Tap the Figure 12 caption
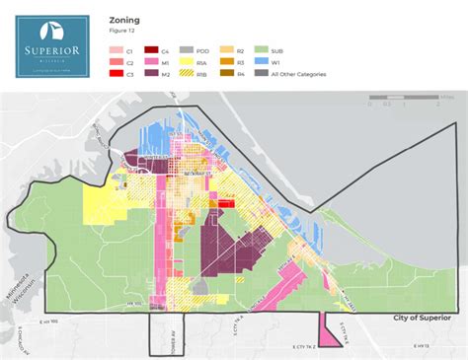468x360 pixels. [122, 31]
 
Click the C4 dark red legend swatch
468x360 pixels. [151, 47]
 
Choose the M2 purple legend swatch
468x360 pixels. [151, 72]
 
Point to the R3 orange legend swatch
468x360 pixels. [226, 59]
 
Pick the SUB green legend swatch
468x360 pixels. [262, 47]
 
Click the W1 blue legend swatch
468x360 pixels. [262, 59]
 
